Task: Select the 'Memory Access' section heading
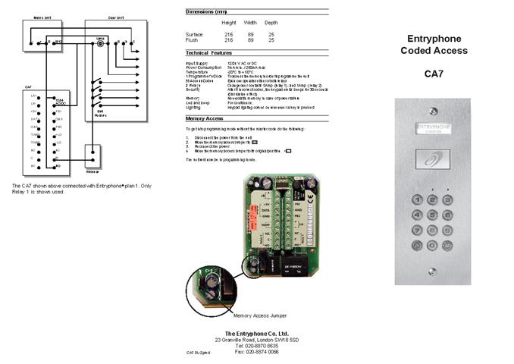[205, 119]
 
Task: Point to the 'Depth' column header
[271, 23]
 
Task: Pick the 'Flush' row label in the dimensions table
[193, 39]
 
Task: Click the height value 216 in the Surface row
[229, 34]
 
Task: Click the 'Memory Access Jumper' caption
[259, 315]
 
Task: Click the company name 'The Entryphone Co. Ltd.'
[257, 334]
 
